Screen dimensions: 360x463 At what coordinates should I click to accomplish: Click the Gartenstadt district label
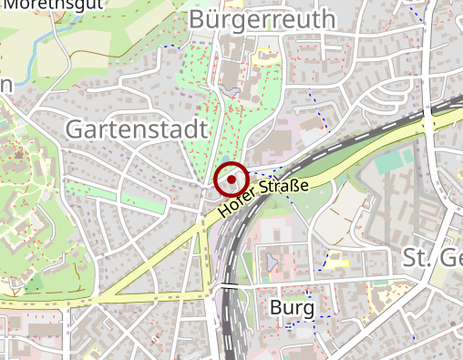click(x=137, y=130)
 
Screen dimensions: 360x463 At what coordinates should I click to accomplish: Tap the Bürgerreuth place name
click(x=262, y=19)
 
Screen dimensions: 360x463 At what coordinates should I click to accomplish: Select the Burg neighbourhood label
click(x=293, y=308)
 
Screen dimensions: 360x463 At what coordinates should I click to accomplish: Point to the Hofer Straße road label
click(x=263, y=200)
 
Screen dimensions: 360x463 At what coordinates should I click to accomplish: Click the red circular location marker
click(x=231, y=180)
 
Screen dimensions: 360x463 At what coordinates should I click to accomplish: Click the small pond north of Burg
click(x=271, y=264)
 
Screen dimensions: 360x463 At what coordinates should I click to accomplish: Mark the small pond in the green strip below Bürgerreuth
click(x=228, y=91)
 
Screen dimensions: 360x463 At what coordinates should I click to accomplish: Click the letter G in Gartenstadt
click(x=76, y=130)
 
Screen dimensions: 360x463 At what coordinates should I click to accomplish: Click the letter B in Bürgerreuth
click(x=198, y=19)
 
